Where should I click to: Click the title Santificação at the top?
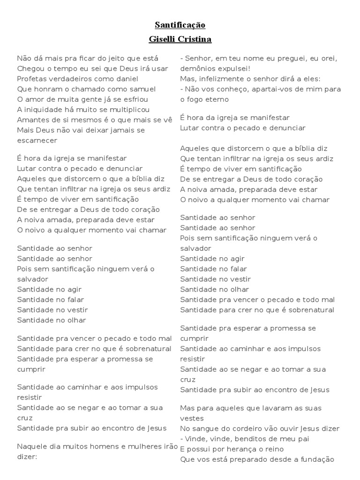pyautogui.click(x=180, y=25)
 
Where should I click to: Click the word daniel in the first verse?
pyautogui.click(x=126, y=79)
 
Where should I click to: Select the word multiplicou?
pyautogui.click(x=126, y=110)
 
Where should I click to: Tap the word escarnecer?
pyautogui.click(x=37, y=140)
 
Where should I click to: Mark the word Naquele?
pyautogui.click(x=33, y=446)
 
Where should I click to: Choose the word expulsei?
pyautogui.click(x=234, y=68)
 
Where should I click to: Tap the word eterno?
pyautogui.click(x=216, y=99)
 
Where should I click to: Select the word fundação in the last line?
pyautogui.click(x=316, y=459)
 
